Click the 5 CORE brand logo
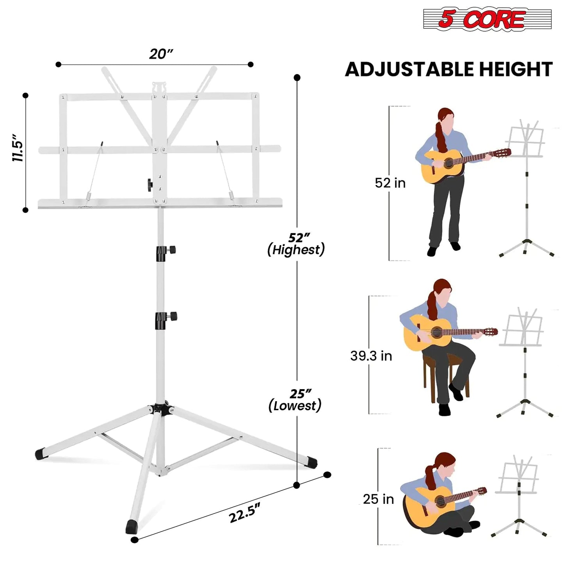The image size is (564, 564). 487,19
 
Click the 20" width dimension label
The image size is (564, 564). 161,54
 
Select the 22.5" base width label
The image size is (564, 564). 244,512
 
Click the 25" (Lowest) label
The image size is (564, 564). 295,400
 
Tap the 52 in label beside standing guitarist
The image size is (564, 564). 390,183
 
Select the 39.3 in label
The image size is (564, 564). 371,356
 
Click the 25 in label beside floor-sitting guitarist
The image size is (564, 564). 378,499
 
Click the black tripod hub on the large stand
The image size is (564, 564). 161,408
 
